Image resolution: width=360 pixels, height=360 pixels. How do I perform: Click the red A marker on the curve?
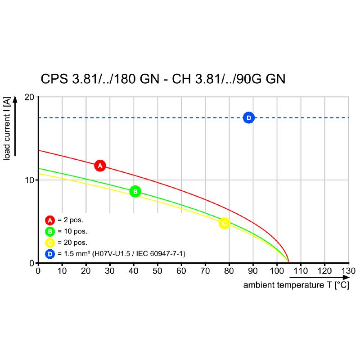(100, 166)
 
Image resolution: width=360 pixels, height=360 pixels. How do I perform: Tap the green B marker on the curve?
(135, 192)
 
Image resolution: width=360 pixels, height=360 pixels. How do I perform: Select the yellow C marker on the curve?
(224, 223)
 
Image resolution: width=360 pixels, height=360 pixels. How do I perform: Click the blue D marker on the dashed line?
(248, 118)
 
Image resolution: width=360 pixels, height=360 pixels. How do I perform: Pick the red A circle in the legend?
(50, 220)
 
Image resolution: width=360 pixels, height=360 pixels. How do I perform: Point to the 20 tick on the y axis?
(30, 97)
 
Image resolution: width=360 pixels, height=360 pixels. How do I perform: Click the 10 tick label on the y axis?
(30, 180)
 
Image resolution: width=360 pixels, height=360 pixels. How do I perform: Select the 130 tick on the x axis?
(348, 271)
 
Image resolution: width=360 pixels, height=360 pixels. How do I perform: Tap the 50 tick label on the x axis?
(157, 271)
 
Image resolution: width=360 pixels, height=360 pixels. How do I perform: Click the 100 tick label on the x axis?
(277, 271)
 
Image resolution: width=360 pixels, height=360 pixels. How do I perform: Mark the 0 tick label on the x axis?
(38, 271)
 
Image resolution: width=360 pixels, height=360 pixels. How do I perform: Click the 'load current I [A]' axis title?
(7, 128)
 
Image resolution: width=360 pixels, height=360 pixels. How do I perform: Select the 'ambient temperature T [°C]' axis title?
(296, 285)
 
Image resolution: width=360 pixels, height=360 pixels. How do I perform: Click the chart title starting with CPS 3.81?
(163, 79)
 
